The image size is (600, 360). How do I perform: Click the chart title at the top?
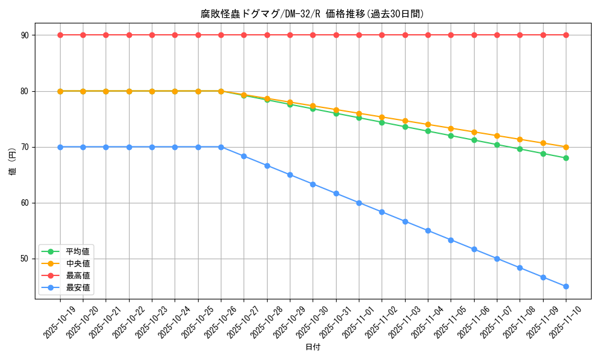[312, 14]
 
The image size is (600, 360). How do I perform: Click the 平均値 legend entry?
[77, 251]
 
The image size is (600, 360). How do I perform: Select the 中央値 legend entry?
[77, 263]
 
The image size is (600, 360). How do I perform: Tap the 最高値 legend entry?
[77, 275]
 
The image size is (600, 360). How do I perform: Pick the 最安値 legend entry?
[77, 287]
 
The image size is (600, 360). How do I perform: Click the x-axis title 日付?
[313, 347]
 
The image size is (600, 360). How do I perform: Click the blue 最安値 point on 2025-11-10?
[566, 286]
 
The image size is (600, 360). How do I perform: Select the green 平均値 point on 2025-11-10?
[566, 158]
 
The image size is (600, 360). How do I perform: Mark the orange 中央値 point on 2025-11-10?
[566, 147]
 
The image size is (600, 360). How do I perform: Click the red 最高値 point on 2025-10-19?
[60, 35]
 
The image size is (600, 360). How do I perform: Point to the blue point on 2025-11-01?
[359, 203]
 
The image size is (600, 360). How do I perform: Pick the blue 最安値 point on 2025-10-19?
[60, 147]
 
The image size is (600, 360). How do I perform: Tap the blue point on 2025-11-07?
[497, 259]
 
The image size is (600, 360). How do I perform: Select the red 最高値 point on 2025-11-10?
[566, 35]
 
